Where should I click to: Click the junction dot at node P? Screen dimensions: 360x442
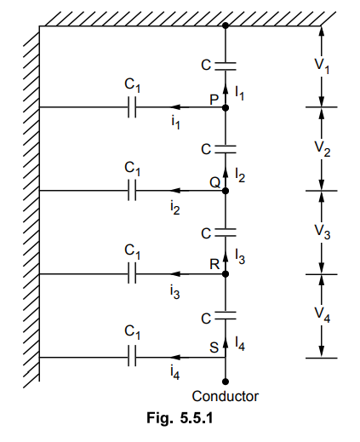(x=226, y=108)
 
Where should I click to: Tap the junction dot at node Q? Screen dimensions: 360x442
(x=226, y=191)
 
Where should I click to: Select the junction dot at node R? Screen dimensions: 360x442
(x=226, y=274)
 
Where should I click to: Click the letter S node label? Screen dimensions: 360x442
(x=214, y=347)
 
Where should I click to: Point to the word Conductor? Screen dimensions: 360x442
(x=226, y=396)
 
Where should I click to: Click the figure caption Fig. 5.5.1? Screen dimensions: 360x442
(x=180, y=418)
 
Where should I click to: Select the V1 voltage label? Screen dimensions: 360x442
(x=322, y=67)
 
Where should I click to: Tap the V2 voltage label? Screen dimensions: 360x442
(x=323, y=149)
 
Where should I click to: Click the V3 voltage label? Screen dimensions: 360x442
(x=323, y=232)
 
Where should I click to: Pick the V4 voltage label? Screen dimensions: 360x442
(x=323, y=315)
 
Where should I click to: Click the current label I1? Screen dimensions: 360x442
(x=239, y=93)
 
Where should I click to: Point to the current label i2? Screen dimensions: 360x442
(x=175, y=208)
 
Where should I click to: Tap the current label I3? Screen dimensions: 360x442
(x=240, y=257)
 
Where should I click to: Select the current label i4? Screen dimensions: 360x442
(x=175, y=372)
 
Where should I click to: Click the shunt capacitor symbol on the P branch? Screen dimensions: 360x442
(x=132, y=107)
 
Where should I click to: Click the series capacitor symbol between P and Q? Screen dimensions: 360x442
(x=226, y=149)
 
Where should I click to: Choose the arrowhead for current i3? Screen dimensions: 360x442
(x=175, y=274)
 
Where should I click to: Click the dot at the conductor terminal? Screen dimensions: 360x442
(x=226, y=382)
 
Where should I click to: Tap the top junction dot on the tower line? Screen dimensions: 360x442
(x=226, y=26)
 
